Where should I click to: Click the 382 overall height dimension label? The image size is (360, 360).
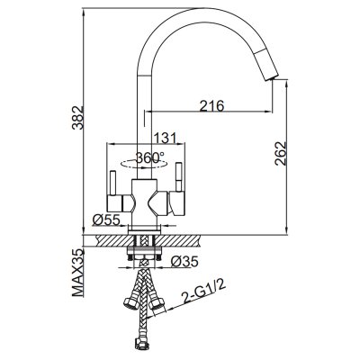click(76, 117)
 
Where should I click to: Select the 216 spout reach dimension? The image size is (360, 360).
click(211, 106)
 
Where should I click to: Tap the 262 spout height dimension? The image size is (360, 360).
click(281, 153)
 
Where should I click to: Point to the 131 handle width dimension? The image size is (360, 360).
click(165, 138)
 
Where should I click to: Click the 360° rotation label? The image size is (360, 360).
click(149, 157)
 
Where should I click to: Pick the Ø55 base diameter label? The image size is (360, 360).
click(106, 220)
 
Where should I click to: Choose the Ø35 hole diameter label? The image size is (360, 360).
click(184, 262)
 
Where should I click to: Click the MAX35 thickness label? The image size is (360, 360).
click(77, 273)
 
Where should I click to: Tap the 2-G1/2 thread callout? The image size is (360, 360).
click(203, 292)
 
